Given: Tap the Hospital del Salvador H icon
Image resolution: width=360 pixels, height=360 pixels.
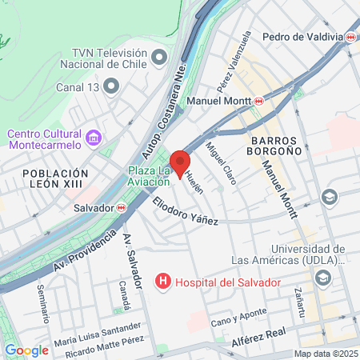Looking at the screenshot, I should (x=163, y=282).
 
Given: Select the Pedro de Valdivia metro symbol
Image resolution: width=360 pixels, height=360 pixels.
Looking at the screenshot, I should (x=351, y=37).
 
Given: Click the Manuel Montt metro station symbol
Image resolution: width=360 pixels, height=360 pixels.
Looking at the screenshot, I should (x=258, y=101).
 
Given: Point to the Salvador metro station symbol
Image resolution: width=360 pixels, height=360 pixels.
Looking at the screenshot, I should (x=121, y=206).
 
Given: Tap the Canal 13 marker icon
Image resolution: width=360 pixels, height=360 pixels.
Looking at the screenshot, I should (x=114, y=85).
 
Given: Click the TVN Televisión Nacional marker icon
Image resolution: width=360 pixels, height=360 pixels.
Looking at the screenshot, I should (x=159, y=56).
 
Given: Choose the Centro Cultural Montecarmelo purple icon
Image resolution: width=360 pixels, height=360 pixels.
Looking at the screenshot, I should (x=94, y=138).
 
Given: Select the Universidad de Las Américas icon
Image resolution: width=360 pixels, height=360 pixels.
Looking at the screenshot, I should (x=323, y=278).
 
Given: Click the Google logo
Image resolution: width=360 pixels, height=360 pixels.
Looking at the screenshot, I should (x=26, y=350).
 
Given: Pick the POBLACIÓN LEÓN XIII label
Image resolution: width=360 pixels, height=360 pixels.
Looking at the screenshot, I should (x=55, y=180).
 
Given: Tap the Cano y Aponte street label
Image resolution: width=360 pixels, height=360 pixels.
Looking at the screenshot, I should (x=238, y=322).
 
